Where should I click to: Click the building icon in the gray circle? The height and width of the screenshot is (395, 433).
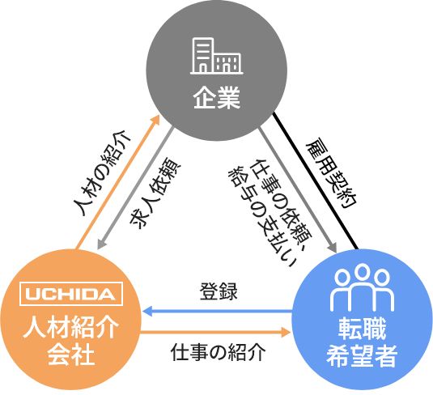(216, 56)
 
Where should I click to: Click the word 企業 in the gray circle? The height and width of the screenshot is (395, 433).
(217, 98)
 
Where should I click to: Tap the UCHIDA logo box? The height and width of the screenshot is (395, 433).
(71, 294)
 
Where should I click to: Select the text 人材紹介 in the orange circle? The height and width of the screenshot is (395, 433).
(71, 328)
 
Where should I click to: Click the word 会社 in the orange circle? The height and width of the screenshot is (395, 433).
(71, 355)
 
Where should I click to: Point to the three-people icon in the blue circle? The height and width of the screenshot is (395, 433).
(362, 287)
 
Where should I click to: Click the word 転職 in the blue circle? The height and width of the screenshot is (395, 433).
(362, 328)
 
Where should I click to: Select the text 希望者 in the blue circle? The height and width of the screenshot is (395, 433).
(362, 355)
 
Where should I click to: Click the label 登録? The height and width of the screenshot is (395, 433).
(219, 291)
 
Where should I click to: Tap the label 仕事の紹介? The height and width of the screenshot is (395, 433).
(219, 352)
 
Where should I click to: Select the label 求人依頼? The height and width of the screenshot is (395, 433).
(155, 193)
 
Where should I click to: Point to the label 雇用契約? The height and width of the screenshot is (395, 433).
(332, 172)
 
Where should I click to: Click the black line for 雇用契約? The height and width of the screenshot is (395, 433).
(315, 181)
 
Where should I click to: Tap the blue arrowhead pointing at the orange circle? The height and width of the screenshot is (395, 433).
(147, 312)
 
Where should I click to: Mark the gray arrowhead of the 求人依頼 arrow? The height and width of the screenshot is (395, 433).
(101, 244)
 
